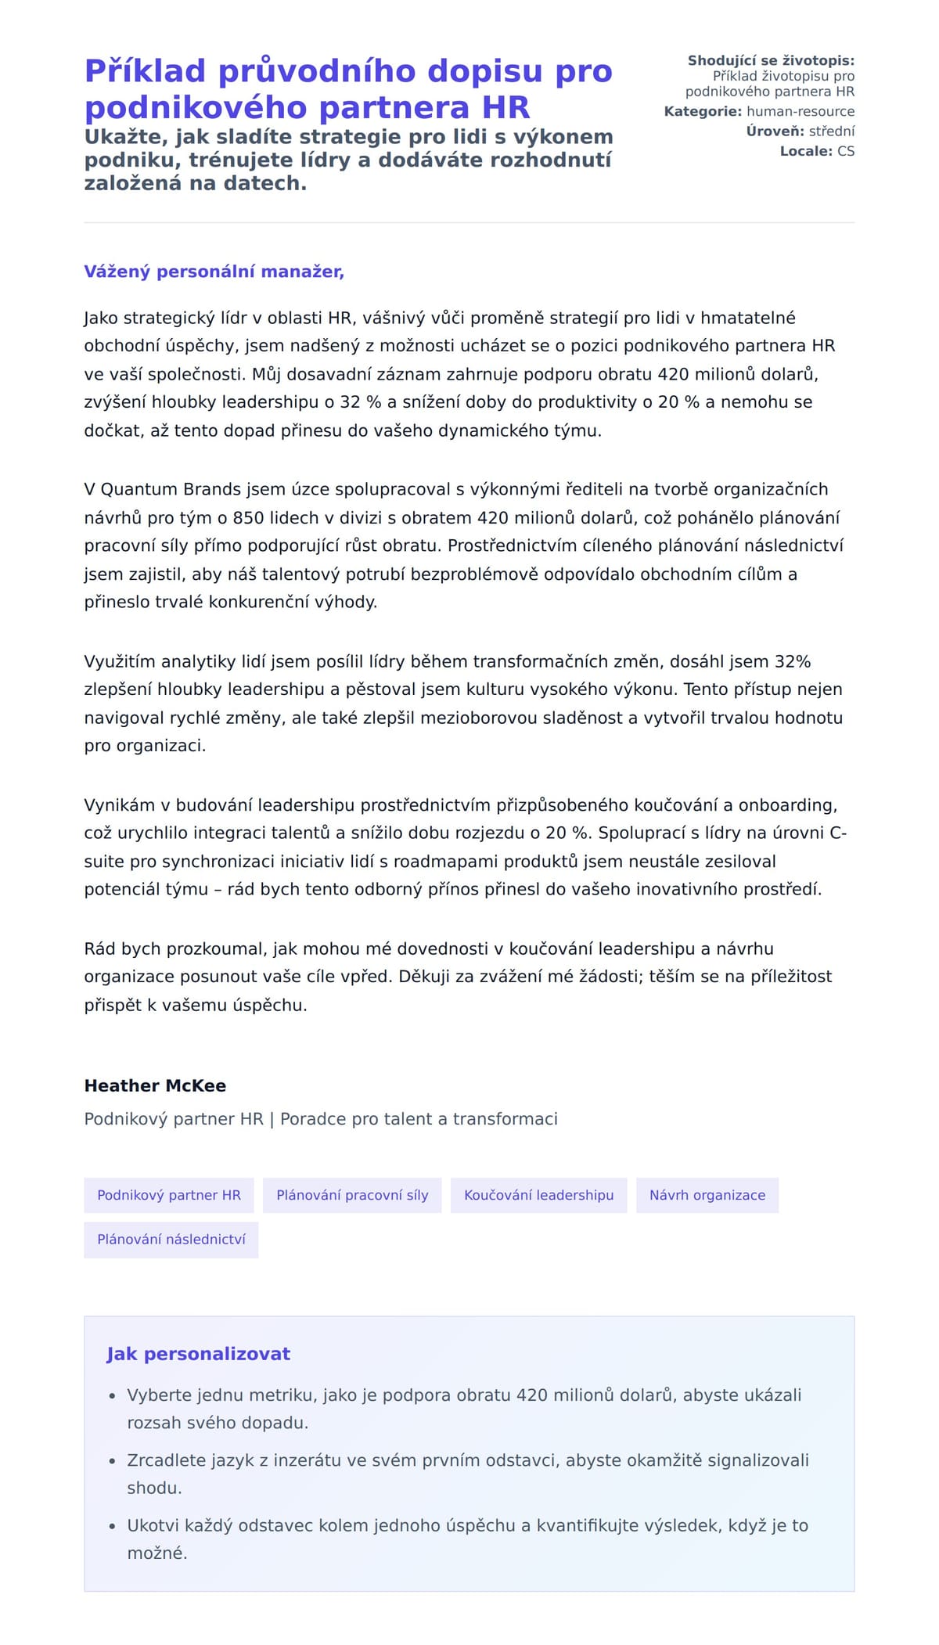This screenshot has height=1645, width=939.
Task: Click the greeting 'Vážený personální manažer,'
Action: (214, 272)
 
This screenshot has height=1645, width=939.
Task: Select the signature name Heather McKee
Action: (155, 1085)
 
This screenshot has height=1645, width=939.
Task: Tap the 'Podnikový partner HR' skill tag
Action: (169, 1195)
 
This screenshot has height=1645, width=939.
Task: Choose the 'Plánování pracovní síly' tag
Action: (352, 1195)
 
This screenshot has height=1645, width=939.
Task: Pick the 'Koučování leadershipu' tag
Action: (538, 1195)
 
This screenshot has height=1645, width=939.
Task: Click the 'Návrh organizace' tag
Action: (707, 1195)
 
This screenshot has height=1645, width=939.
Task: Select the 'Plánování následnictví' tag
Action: (171, 1240)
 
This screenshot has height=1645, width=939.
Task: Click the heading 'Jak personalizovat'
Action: (198, 1354)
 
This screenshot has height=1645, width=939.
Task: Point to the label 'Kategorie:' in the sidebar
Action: (703, 112)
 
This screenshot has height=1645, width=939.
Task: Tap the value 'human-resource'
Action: (800, 112)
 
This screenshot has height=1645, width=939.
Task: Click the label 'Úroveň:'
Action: (775, 131)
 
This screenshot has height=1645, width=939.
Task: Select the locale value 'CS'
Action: (846, 151)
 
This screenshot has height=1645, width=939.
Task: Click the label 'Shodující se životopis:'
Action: (771, 60)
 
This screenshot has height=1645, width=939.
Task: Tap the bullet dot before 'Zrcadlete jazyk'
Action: (113, 1461)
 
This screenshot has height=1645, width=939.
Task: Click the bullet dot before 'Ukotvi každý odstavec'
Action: (113, 1526)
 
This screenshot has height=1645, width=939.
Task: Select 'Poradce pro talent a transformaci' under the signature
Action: (419, 1119)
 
